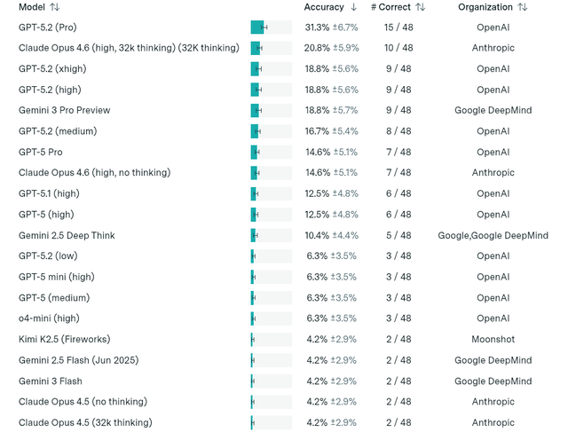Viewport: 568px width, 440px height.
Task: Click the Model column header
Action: [x=32, y=7]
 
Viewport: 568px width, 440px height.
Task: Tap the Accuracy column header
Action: [x=324, y=7]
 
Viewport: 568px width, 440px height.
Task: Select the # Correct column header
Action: [x=391, y=7]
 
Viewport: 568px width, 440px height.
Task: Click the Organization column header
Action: [x=485, y=7]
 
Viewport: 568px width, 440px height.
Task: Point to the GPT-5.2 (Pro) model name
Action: [x=53, y=27]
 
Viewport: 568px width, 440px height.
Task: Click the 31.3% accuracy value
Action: [x=317, y=27]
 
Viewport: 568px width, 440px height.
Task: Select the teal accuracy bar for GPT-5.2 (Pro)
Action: [x=257, y=27]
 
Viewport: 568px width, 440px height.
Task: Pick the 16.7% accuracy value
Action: [x=317, y=131]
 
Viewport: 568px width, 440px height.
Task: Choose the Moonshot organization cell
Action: [x=493, y=339]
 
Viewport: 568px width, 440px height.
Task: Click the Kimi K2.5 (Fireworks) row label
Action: [x=65, y=339]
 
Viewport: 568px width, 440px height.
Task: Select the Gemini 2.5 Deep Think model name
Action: [x=67, y=235]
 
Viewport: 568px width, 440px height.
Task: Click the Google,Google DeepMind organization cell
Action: [x=493, y=235]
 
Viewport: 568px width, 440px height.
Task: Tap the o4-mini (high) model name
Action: [x=49, y=318]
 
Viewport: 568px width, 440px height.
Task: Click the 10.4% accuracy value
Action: [x=317, y=235]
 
